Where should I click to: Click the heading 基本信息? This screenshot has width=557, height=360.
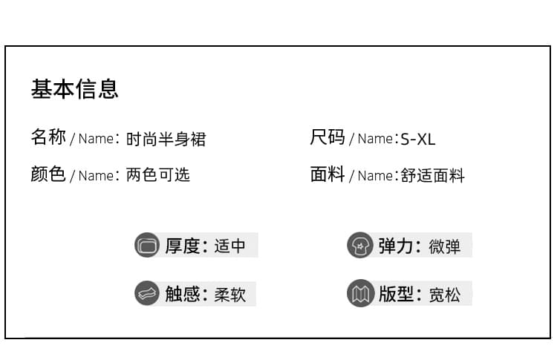click(x=74, y=89)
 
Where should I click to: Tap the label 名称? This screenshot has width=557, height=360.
click(x=48, y=137)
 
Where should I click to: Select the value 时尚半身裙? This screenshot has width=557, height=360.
click(x=166, y=139)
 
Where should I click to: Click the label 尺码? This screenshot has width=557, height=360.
click(x=328, y=137)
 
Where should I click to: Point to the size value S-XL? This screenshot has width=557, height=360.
click(x=417, y=139)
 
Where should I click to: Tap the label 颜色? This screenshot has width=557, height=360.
click(x=48, y=174)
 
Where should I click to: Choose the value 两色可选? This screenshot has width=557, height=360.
click(x=158, y=174)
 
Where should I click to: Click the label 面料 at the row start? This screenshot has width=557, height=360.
click(x=328, y=174)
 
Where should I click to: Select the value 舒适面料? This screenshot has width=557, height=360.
click(x=433, y=175)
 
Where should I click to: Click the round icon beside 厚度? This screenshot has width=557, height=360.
click(x=147, y=245)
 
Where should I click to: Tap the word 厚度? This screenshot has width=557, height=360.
click(x=182, y=246)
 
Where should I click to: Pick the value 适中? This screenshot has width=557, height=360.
click(x=229, y=246)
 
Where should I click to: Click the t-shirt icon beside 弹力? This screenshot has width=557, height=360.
click(x=360, y=245)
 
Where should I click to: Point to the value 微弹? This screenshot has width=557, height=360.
click(x=444, y=246)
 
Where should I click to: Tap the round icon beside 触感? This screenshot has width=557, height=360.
click(x=147, y=293)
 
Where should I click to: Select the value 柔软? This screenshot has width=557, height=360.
click(x=229, y=295)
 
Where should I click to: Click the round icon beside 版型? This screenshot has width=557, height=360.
click(x=360, y=293)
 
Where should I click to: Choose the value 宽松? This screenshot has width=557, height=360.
click(x=444, y=295)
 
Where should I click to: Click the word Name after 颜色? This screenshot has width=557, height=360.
click(x=96, y=176)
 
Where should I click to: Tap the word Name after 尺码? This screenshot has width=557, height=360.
click(x=375, y=139)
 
